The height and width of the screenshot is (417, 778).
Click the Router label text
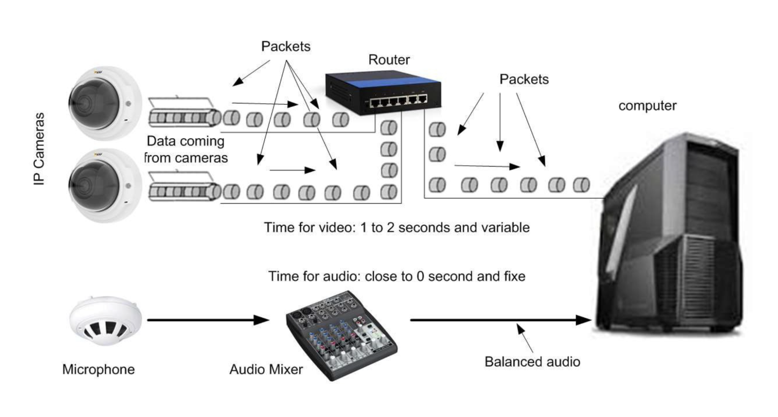point(389,60)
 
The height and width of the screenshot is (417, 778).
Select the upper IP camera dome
point(105,103)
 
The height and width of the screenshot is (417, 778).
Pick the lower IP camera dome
point(105,185)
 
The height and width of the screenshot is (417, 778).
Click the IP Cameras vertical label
point(39,148)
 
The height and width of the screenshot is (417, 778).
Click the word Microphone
point(98,369)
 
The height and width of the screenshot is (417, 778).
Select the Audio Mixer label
point(266,369)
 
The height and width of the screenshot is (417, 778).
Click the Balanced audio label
point(532,362)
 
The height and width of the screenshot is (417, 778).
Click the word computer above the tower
point(647,106)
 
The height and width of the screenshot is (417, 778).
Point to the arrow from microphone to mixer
point(208,320)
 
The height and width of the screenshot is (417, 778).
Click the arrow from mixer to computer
point(501,320)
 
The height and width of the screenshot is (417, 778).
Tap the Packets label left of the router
point(286,46)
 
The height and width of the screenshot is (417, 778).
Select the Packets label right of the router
point(524,79)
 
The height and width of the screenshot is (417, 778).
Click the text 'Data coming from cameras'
point(186,149)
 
